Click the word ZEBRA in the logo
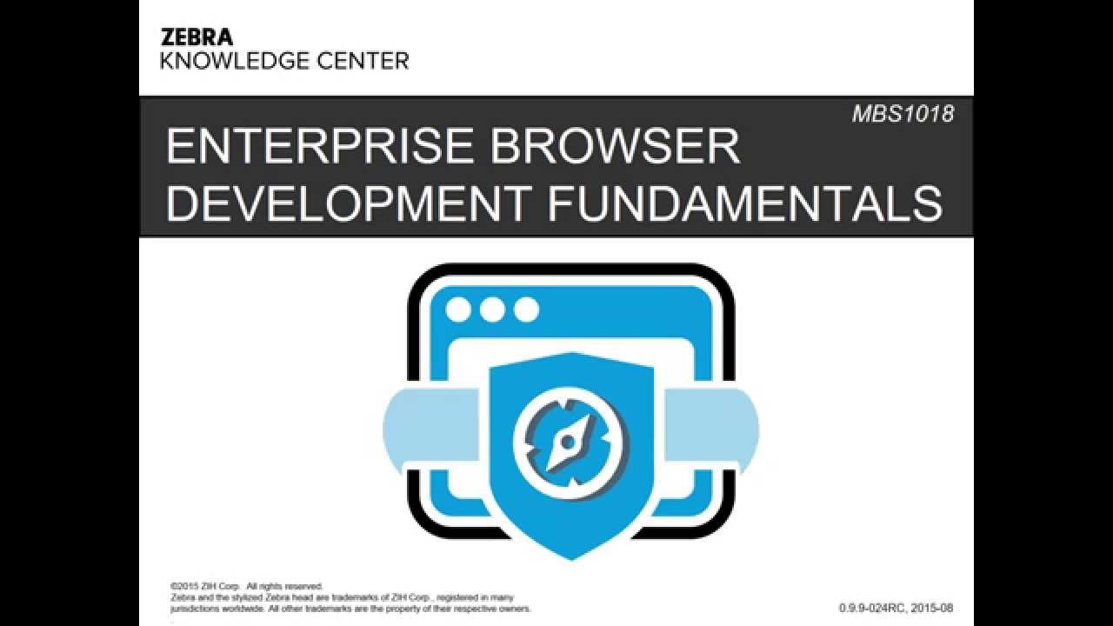197,37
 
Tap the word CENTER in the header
364,61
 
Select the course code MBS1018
903,114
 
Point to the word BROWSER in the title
615,146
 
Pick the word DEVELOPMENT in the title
348,202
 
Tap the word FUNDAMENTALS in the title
745,202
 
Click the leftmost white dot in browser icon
458,310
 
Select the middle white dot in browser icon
492,310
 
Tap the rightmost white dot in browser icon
526,310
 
